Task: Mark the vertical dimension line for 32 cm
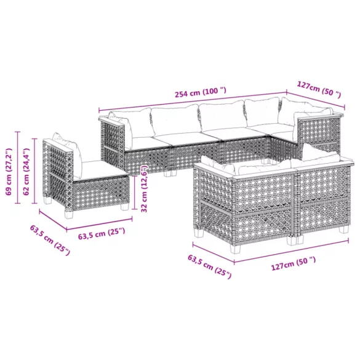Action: click(x=136, y=190)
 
